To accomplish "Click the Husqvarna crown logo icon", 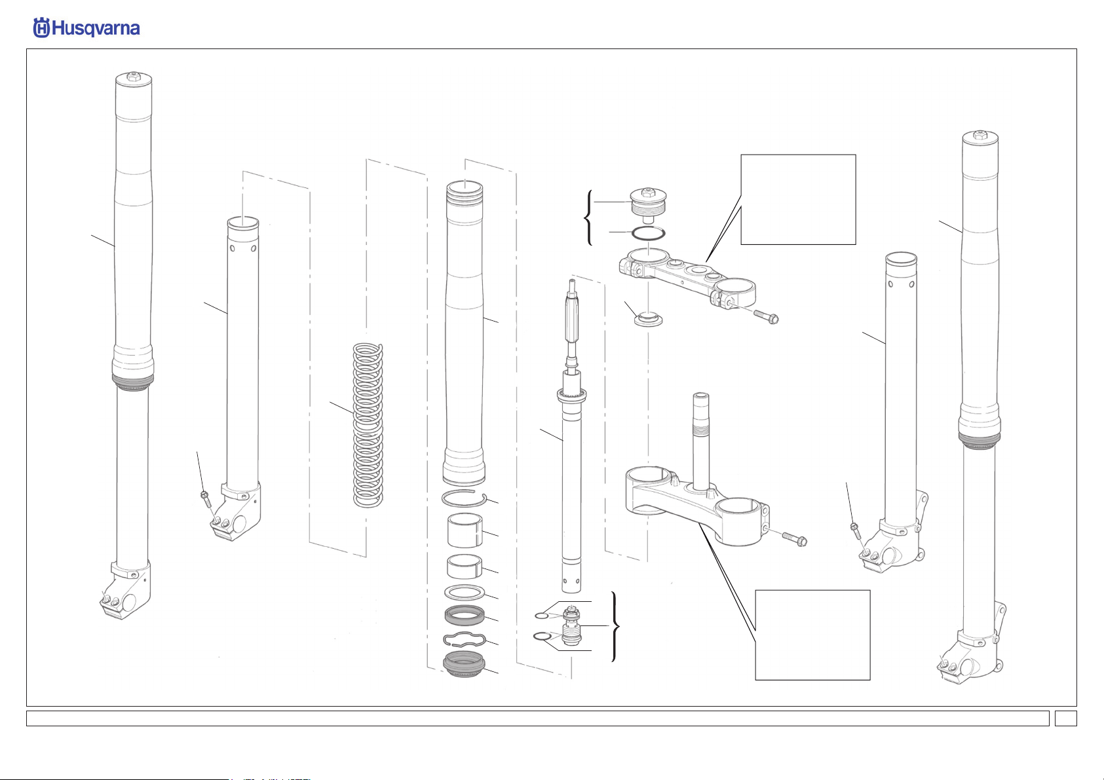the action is coord(41,28).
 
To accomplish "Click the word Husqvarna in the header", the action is coord(96,29).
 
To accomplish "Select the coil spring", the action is coord(368,425).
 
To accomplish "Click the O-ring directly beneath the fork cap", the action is coord(649,233).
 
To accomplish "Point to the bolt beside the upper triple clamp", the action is coord(766,316).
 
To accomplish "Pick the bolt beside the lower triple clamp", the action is coord(795,538).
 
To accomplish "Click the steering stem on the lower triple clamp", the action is coord(701,440).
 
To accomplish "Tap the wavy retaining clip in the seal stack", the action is coord(465,639).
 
